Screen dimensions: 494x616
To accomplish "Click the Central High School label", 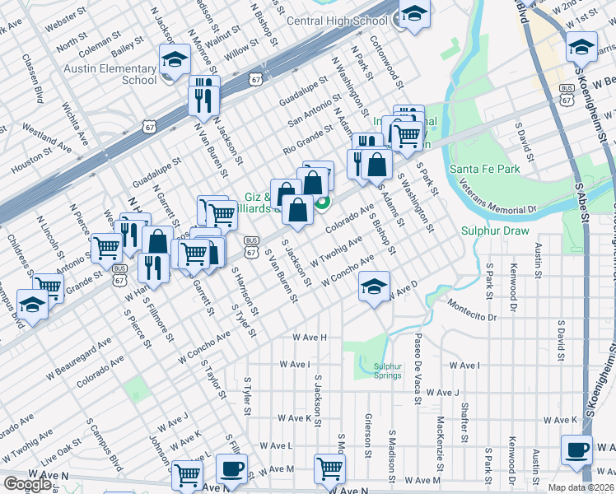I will [x=338, y=21].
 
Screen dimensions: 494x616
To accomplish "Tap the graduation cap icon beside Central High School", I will [x=414, y=14].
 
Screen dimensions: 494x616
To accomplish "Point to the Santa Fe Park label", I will [x=485, y=169].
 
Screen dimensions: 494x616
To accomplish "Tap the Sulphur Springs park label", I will [x=387, y=371].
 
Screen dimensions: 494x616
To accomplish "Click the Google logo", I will [x=26, y=484].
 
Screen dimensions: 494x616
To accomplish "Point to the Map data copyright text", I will [x=581, y=487].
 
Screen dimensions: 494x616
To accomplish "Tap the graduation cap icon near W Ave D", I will [x=374, y=287].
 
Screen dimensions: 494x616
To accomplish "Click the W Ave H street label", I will [x=310, y=338].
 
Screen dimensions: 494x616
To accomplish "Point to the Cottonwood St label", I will [x=385, y=62].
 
